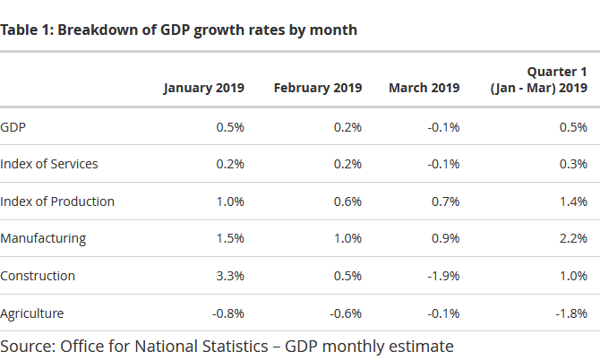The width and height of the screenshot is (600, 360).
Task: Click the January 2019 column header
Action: [x=204, y=88]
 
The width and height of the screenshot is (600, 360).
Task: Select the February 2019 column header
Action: [x=318, y=88]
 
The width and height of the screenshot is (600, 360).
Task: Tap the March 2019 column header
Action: [x=424, y=88]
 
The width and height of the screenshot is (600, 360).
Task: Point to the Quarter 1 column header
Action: [x=538, y=80]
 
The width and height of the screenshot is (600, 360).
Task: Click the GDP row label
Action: [x=13, y=126]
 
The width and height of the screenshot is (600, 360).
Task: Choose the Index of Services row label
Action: [x=49, y=164]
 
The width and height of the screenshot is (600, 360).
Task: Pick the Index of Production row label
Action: [x=57, y=201]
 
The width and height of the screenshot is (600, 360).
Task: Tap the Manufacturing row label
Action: [x=43, y=238]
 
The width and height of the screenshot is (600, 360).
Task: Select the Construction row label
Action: [x=38, y=276]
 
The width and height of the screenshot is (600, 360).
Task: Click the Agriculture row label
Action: [x=32, y=313]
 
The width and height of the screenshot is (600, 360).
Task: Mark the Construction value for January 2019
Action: [x=230, y=276]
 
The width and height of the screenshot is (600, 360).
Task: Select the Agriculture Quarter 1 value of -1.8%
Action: [x=570, y=313]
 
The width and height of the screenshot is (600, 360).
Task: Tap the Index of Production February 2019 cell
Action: [x=347, y=201]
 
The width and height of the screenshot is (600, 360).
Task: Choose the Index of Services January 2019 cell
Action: [x=230, y=164]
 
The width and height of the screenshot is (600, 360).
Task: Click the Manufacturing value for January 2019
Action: [x=230, y=238]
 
